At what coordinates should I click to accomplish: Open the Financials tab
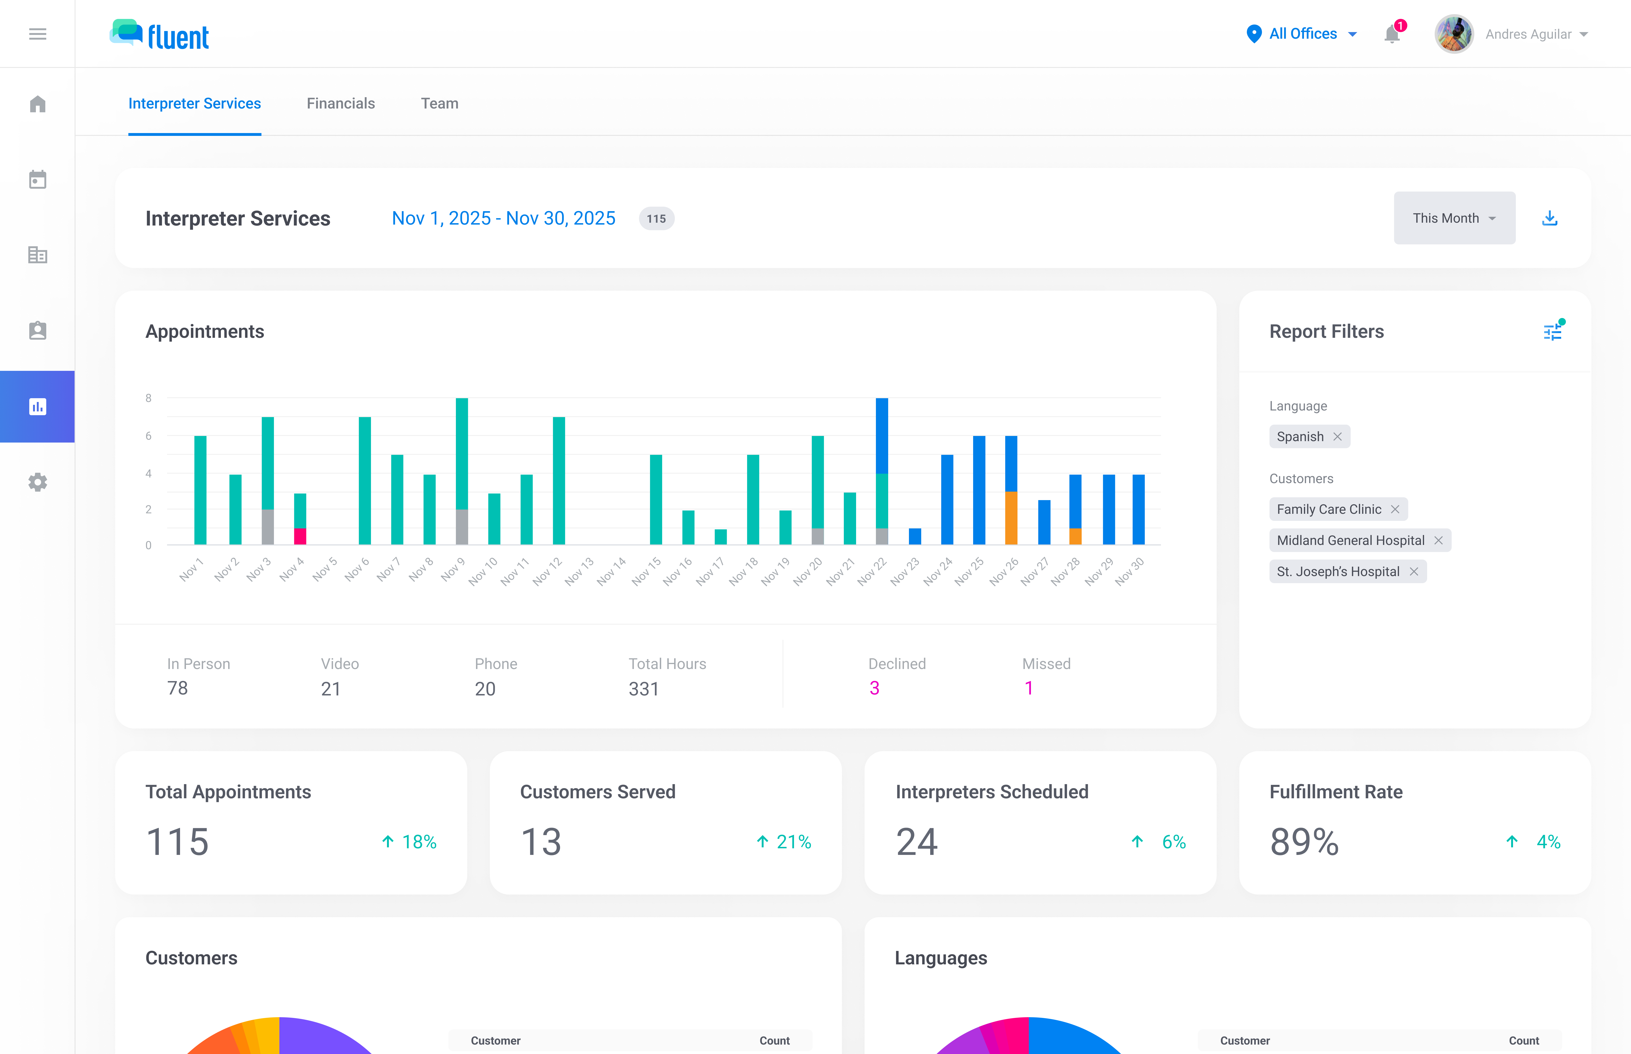340,103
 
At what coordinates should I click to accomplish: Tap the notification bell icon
1391,34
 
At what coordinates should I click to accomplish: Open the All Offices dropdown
1302,33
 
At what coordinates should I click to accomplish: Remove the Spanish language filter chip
1337,437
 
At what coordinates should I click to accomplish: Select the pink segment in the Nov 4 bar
300,536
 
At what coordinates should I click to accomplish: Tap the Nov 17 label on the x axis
710,571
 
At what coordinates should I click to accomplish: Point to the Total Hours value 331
643,689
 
